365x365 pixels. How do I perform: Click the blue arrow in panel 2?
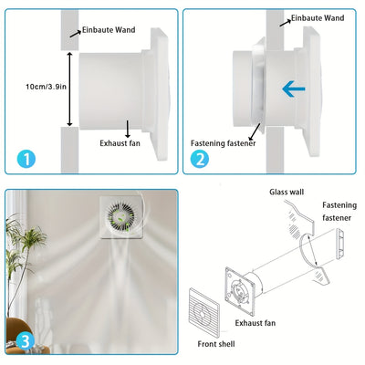point(292,89)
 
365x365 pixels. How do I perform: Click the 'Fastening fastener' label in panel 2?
point(223,143)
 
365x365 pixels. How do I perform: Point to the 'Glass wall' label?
point(286,193)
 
